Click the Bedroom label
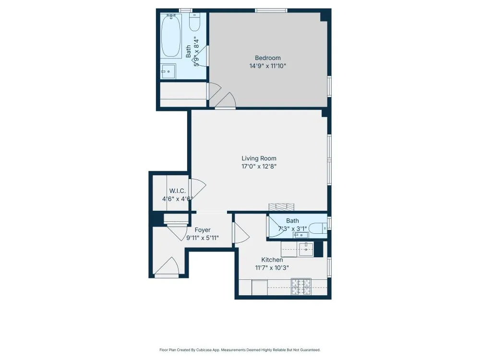(267, 58)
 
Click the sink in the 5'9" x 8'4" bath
(168, 72)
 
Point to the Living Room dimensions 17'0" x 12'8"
(259, 167)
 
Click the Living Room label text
(259, 158)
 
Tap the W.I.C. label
(177, 191)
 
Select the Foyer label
(202, 230)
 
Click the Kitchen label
(272, 260)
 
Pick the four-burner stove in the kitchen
(301, 287)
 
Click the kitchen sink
(305, 249)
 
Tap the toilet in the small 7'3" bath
(317, 228)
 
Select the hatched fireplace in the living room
(281, 207)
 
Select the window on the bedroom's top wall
(271, 11)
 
